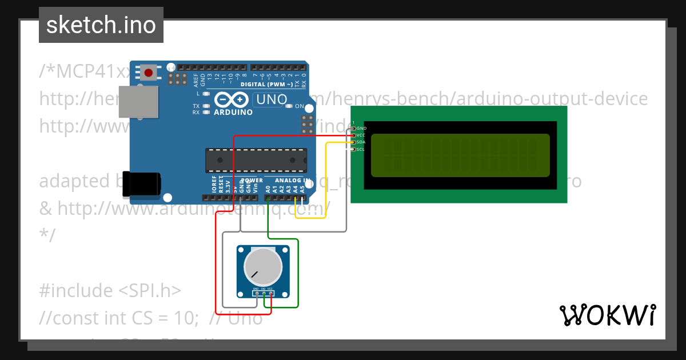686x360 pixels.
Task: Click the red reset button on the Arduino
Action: tap(149, 73)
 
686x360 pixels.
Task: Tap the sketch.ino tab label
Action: tap(101, 25)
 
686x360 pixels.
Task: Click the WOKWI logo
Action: tap(607, 315)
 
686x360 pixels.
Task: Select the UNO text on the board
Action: tap(272, 99)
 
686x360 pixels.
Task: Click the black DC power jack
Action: tap(145, 184)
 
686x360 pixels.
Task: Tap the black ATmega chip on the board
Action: tap(256, 160)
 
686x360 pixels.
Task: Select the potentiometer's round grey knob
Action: tap(263, 267)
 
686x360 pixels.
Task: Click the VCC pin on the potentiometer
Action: tap(270, 294)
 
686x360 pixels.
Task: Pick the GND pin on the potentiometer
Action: tap(256, 294)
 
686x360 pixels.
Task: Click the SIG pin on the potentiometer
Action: tap(263, 294)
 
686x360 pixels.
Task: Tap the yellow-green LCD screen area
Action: tap(460, 155)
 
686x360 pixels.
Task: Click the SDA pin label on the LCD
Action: tap(361, 142)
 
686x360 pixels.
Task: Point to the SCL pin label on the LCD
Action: tap(361, 149)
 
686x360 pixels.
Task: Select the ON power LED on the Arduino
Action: tap(289, 106)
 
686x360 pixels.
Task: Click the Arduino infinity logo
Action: tap(233, 100)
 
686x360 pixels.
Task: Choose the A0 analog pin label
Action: tap(268, 187)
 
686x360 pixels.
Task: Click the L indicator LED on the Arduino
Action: tap(206, 93)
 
